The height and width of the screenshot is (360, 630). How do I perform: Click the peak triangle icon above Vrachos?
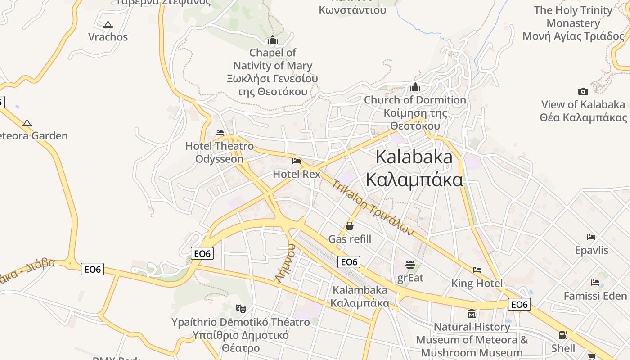[108, 25]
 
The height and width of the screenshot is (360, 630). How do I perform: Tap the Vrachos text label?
[108, 37]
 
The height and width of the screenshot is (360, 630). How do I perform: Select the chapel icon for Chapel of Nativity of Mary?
[272, 40]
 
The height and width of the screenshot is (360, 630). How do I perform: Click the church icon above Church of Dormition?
[415, 86]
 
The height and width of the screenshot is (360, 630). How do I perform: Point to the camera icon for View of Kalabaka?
[583, 91]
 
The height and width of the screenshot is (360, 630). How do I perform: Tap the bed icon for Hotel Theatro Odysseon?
[220, 133]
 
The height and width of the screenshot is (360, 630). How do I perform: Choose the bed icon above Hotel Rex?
[296, 161]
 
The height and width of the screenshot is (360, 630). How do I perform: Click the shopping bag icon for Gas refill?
[350, 226]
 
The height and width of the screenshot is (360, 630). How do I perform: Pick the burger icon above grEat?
[410, 264]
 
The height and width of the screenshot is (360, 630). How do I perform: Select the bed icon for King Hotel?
[477, 270]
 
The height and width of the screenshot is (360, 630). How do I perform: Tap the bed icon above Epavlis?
[591, 237]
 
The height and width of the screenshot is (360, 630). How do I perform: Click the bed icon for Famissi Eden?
[595, 283]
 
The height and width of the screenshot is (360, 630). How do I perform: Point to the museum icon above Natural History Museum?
[472, 313]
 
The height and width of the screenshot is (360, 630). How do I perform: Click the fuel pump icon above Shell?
[563, 335]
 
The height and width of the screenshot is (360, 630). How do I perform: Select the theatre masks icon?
[241, 309]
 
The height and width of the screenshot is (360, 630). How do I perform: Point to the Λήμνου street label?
[285, 263]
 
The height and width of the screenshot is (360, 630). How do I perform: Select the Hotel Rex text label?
[297, 174]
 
